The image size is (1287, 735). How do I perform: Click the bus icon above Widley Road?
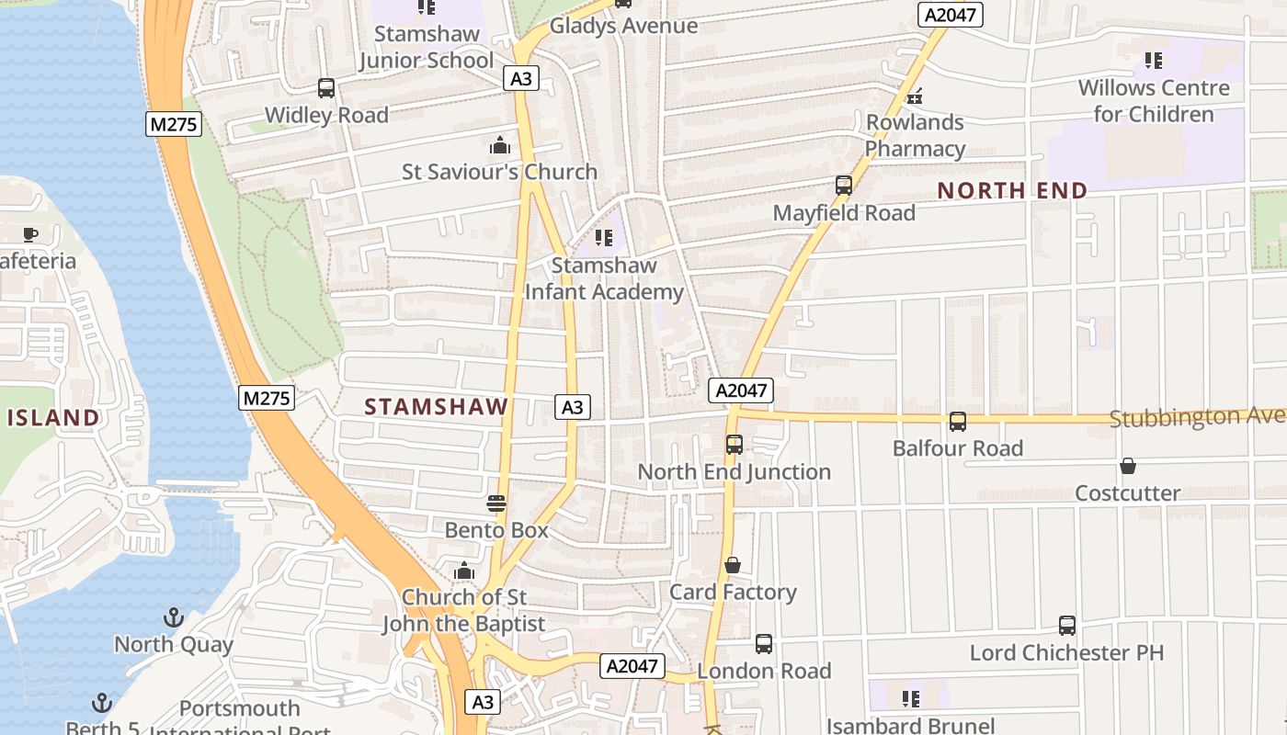pyautogui.click(x=326, y=88)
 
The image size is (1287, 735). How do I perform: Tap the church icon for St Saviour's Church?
pyautogui.click(x=500, y=145)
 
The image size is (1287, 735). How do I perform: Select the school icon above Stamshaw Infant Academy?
pyautogui.click(x=604, y=238)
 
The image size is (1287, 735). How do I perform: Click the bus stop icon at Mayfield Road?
pyautogui.click(x=844, y=186)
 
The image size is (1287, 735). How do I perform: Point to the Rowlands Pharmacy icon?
pyautogui.click(x=915, y=96)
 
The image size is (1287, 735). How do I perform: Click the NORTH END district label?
pyautogui.click(x=1012, y=191)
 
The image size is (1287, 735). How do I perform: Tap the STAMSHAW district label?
pyautogui.click(x=437, y=407)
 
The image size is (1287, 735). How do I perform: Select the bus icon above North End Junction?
pyautogui.click(x=735, y=445)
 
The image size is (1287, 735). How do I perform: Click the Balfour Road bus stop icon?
pyautogui.click(x=958, y=422)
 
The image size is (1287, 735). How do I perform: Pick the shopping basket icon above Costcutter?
pyautogui.click(x=1128, y=467)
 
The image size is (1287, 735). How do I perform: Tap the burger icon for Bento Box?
pyautogui.click(x=496, y=503)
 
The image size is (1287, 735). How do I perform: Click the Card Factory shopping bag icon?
pyautogui.click(x=733, y=565)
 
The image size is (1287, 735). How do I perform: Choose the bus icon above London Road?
pyautogui.click(x=764, y=644)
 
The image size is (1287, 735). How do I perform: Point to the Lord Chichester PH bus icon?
pyautogui.click(x=1067, y=626)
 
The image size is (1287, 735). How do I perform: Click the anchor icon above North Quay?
pyautogui.click(x=174, y=617)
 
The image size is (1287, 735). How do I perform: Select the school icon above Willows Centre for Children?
pyautogui.click(x=1154, y=61)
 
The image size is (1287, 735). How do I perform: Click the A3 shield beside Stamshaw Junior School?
pyautogui.click(x=521, y=79)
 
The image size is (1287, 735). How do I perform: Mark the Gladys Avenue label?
pyautogui.click(x=623, y=26)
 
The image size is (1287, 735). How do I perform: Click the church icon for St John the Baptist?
pyautogui.click(x=464, y=571)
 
